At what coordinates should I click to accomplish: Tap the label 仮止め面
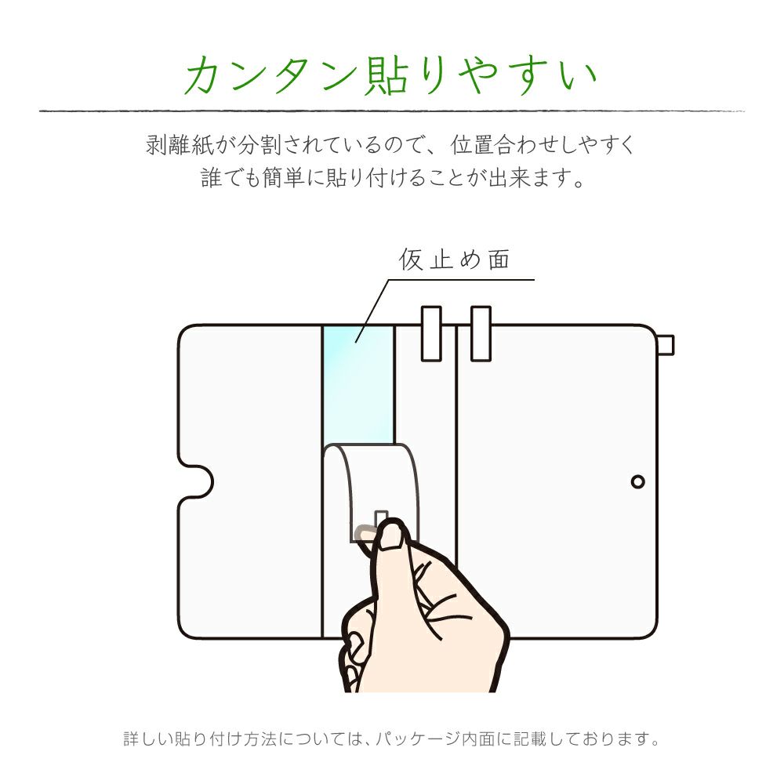(455, 260)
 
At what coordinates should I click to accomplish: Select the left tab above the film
(431, 333)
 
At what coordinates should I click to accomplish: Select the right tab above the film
(481, 333)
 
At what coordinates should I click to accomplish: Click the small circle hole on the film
(638, 481)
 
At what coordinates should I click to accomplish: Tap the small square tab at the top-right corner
(666, 345)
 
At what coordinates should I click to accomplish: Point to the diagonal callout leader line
(372, 311)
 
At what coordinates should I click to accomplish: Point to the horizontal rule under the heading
(392, 111)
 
